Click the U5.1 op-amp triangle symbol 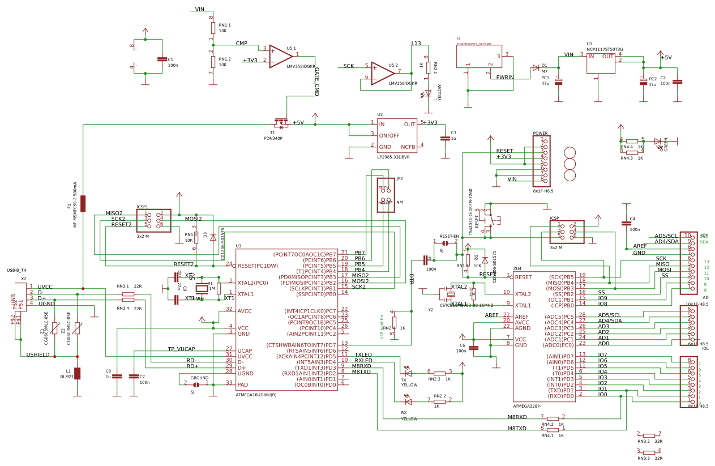point(280,56)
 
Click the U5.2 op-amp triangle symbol point(382,73)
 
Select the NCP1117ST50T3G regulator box point(601,62)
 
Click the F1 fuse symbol point(83,203)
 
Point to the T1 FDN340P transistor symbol point(280,122)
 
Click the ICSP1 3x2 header point(153,220)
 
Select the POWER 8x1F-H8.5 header point(541,161)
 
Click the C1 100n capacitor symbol point(162,59)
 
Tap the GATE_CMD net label point(316,81)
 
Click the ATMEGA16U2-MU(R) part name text point(256,395)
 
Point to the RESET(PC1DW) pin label point(258,266)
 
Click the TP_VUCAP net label point(181,349)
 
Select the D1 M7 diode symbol point(535,68)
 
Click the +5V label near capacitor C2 point(666,58)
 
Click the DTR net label point(412,279)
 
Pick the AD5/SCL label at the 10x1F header point(666,236)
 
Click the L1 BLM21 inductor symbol point(78,373)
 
